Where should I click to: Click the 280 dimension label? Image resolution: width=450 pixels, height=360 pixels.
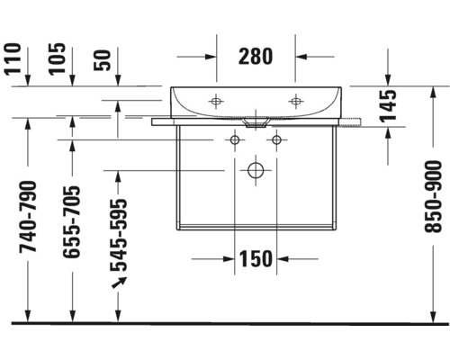click(256, 56)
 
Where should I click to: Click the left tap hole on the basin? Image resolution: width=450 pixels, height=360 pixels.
click(215, 100)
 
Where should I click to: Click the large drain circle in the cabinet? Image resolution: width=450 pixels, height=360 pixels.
click(256, 168)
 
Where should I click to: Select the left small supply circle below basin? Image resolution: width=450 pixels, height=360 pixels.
click(235, 139)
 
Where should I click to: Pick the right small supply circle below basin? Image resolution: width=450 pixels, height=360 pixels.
click(276, 139)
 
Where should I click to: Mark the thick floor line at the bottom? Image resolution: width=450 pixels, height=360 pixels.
click(225, 322)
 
